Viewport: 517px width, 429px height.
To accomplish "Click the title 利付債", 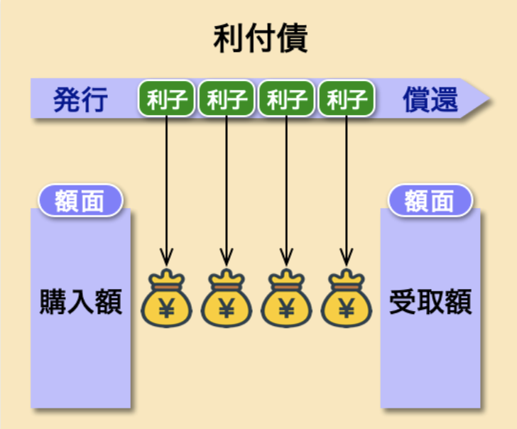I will pyautogui.click(x=261, y=39).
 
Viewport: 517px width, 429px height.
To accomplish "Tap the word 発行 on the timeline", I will pyautogui.click(x=80, y=99).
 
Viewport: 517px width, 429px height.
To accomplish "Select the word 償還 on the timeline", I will pyautogui.click(x=431, y=99).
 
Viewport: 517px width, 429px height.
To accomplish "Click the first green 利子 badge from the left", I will pyautogui.click(x=166, y=99).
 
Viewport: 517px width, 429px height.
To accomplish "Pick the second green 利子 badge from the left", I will pyautogui.click(x=227, y=99).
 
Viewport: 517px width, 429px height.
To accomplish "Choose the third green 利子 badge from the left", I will pyautogui.click(x=286, y=99).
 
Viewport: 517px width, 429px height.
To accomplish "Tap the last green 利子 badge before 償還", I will pyautogui.click(x=347, y=99).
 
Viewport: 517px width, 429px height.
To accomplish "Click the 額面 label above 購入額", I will pyautogui.click(x=80, y=201).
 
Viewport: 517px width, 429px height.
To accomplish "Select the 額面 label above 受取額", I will pyautogui.click(x=430, y=201).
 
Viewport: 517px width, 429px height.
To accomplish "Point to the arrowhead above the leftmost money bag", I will pyautogui.click(x=166, y=256).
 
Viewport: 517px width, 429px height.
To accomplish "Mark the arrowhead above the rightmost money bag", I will pyautogui.click(x=347, y=256).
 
